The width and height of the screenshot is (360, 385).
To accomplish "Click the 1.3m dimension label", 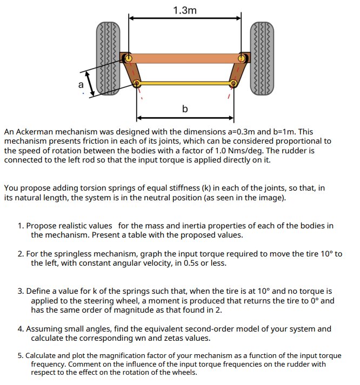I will [x=185, y=10].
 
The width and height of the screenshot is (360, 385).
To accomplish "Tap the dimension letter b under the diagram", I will [x=185, y=109].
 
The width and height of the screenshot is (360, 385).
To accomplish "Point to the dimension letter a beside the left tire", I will [x=81, y=84].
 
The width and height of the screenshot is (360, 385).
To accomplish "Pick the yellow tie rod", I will [x=185, y=84].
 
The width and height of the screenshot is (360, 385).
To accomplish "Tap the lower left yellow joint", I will [x=137, y=84].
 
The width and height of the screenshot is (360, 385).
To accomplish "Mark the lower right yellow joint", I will [x=234, y=84].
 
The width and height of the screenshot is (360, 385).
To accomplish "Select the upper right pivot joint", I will [x=242, y=57].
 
